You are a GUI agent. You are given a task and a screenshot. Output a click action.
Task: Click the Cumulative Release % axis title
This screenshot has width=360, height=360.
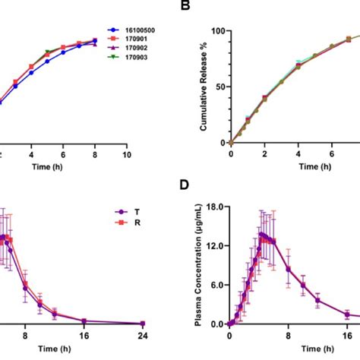tap(204, 88)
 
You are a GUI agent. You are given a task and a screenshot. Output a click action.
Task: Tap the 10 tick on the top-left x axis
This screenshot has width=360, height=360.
tap(127, 154)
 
